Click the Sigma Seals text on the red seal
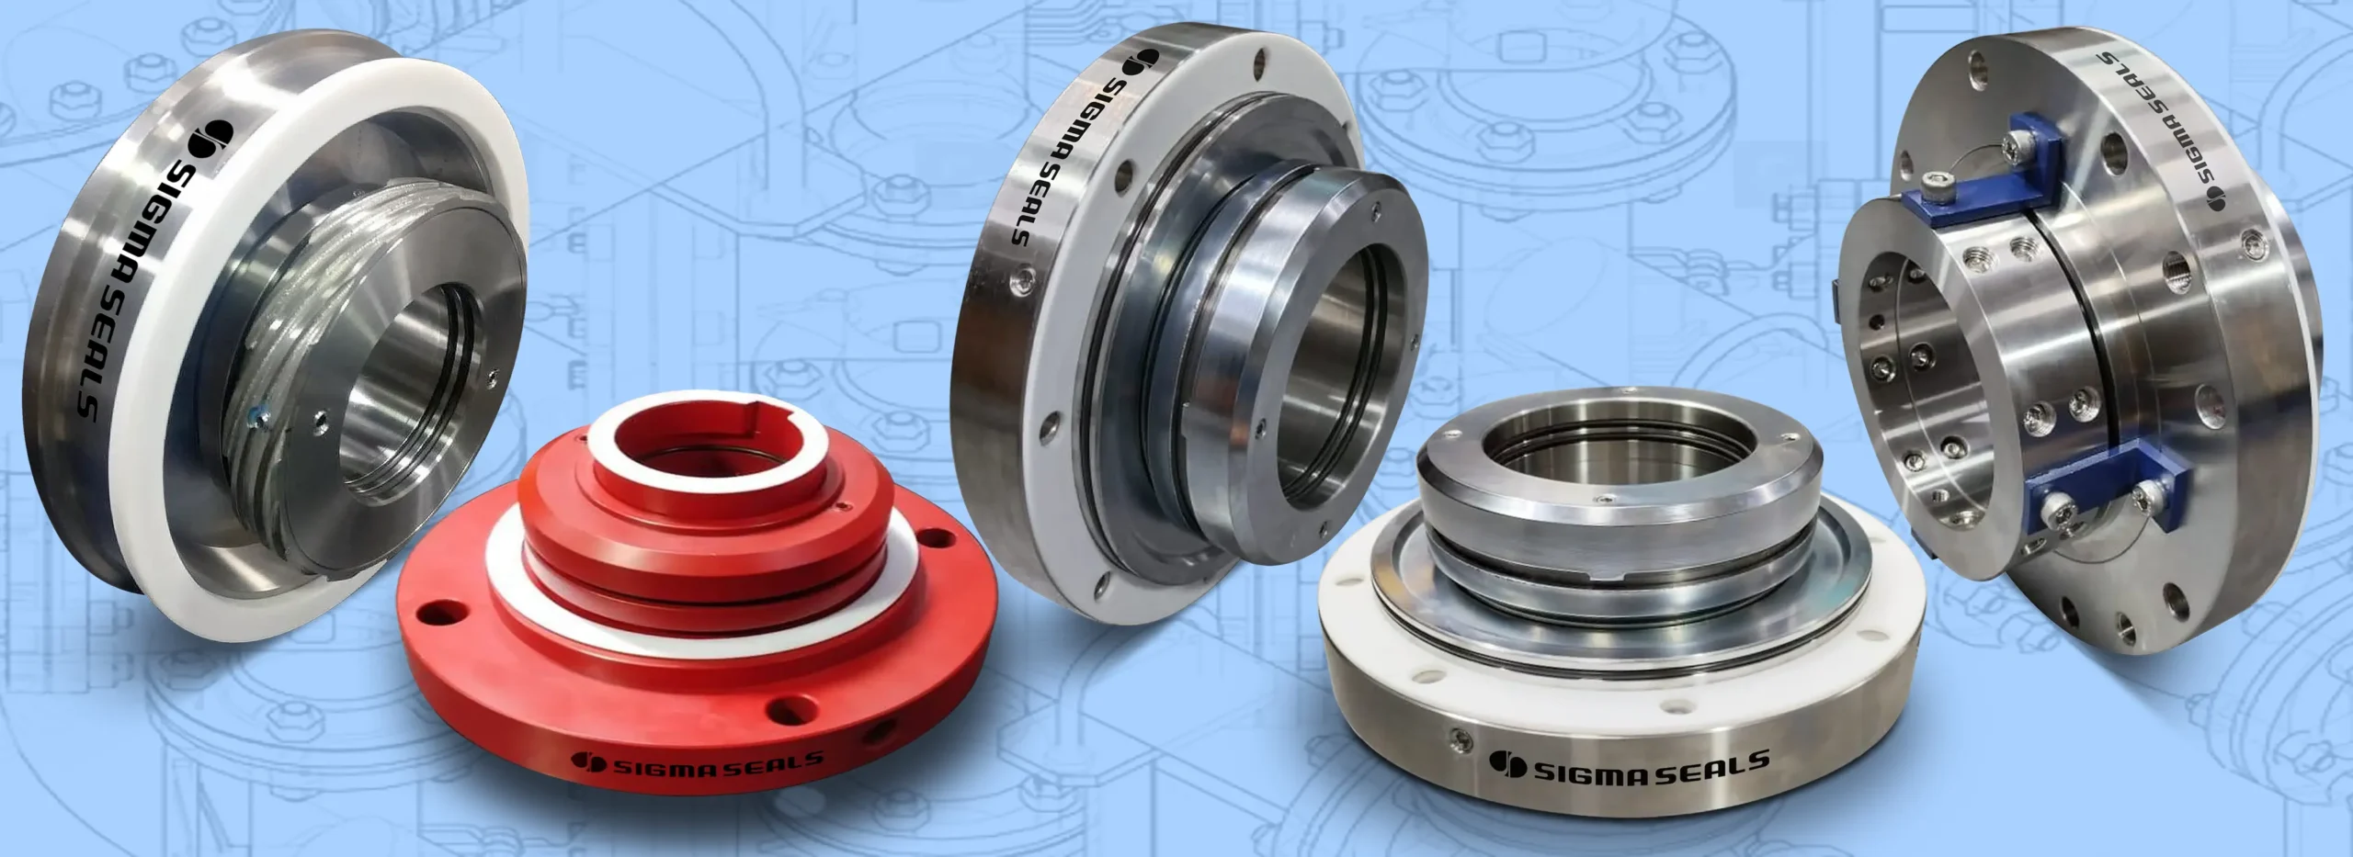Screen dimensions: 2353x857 pyautogui.click(x=718, y=762)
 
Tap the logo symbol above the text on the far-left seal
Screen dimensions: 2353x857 pyautogui.click(x=210, y=138)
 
